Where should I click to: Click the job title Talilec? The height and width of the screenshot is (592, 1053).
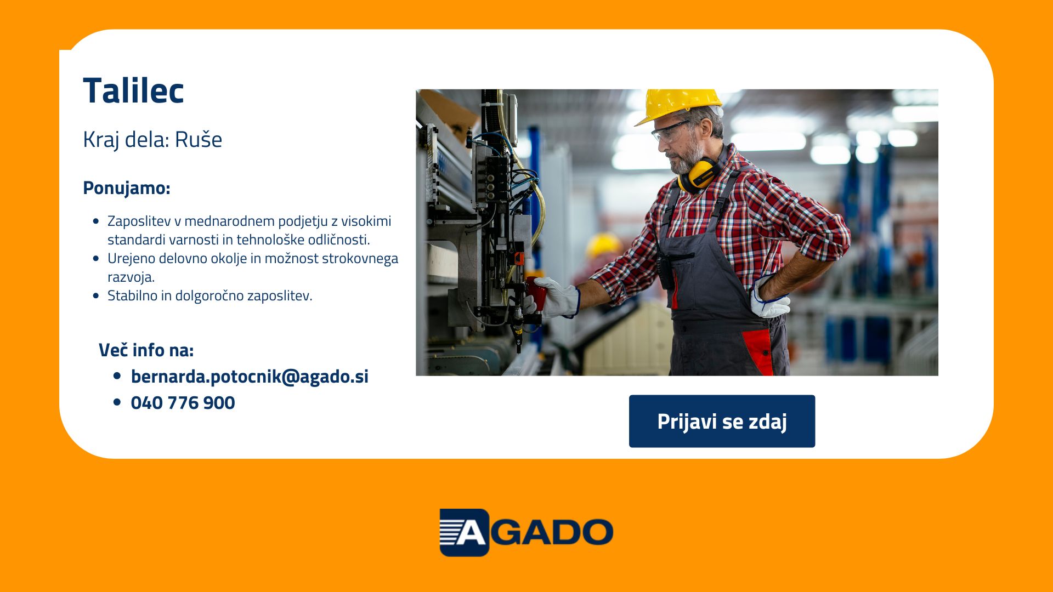[x=133, y=90]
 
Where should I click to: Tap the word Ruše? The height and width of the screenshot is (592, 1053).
[x=199, y=139]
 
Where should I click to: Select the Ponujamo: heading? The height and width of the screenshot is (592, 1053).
[x=127, y=188]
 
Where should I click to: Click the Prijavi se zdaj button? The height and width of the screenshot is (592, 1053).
[x=722, y=421]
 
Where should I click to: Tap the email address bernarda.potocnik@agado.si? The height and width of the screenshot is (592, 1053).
[x=250, y=377]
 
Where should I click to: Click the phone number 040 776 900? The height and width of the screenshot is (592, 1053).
[x=183, y=403]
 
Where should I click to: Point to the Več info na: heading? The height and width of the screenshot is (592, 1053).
[x=146, y=350]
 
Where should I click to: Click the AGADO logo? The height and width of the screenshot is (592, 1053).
[x=526, y=532]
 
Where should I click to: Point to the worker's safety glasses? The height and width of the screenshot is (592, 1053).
[x=669, y=130]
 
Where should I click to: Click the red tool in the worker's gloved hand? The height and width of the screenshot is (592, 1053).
[x=536, y=293]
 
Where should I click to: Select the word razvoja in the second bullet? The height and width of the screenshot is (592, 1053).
[x=130, y=277]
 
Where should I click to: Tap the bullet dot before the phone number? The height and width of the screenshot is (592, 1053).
[x=117, y=402]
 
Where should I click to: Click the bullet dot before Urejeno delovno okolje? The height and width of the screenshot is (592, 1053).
[x=97, y=258]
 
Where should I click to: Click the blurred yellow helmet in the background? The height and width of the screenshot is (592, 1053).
[x=603, y=245]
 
